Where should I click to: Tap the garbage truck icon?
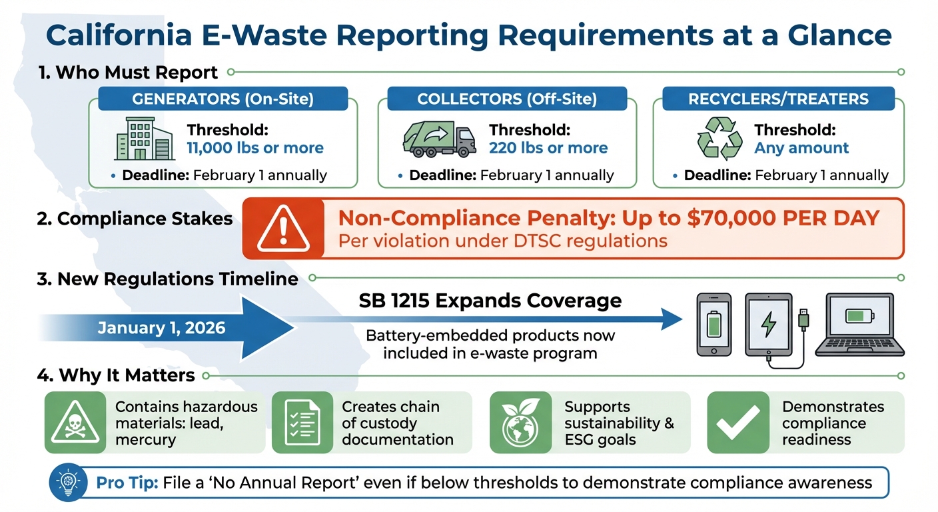pyautogui.click(x=439, y=139)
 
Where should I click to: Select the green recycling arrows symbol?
pyautogui.click(x=719, y=139)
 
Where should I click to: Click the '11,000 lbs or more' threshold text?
pyautogui.click(x=255, y=148)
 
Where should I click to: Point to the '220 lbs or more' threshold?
pyautogui.click(x=548, y=148)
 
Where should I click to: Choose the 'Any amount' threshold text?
pyautogui.click(x=801, y=148)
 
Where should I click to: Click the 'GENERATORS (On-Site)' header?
pyautogui.click(x=223, y=99)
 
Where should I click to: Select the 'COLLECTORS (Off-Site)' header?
pyautogui.click(x=507, y=99)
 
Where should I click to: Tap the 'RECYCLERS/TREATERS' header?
pyautogui.click(x=778, y=99)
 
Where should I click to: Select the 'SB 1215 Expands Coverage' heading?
pyautogui.click(x=490, y=301)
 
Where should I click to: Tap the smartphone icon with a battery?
pyautogui.click(x=713, y=323)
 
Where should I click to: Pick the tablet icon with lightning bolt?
pyautogui.click(x=768, y=325)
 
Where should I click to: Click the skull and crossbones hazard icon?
pyautogui.click(x=75, y=423)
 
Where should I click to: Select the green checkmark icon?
pyautogui.click(x=738, y=423)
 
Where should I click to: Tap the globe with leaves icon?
pyautogui.click(x=520, y=423)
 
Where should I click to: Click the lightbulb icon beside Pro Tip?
pyautogui.click(x=69, y=482)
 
